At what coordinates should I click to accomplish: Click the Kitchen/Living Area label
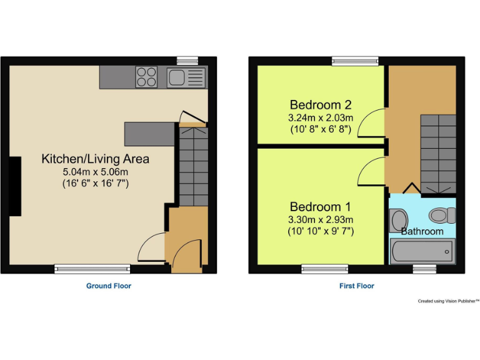pos(95,159)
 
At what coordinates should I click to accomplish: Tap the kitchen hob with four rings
pos(147,78)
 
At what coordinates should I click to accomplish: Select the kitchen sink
pos(186,78)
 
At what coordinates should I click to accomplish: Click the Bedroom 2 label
pos(321,104)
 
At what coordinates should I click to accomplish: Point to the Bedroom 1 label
pos(321,206)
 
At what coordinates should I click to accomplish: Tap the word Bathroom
pos(422,231)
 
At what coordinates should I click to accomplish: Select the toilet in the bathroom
pos(441,216)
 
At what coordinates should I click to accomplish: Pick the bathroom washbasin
pos(398,220)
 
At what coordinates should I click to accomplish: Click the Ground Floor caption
pos(109,286)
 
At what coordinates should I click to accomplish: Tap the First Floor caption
pos(357,286)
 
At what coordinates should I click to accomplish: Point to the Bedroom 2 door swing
pos(375,122)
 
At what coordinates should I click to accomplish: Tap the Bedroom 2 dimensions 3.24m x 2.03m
pos(321,117)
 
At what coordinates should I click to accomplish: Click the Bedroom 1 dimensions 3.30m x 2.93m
pos(321,219)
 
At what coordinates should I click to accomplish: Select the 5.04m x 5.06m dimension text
pos(95,172)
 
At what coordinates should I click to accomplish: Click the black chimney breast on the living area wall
pos(14,186)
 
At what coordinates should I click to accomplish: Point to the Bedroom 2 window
pos(355,61)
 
